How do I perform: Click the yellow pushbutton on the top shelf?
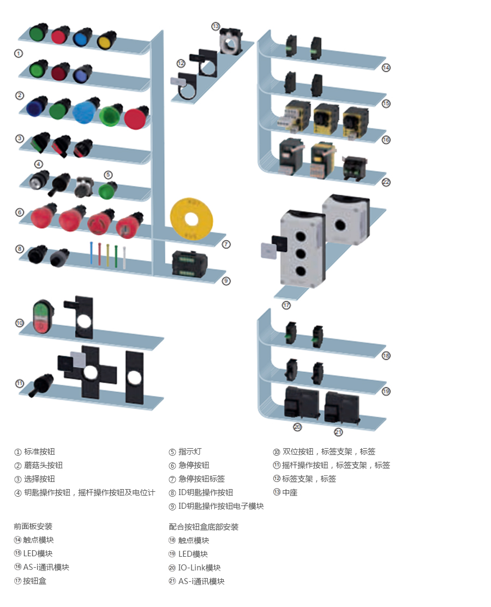click(106, 40)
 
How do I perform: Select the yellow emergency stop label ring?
click(190, 218)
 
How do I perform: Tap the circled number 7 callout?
click(226, 244)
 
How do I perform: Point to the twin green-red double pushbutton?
click(41, 316)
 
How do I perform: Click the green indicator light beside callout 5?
click(107, 191)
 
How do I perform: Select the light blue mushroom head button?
click(85, 111)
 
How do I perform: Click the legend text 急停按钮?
click(194, 465)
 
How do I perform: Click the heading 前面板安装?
click(33, 526)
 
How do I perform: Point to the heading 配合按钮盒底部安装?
click(203, 527)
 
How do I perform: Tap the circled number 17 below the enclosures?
click(286, 305)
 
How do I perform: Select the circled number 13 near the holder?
click(215, 26)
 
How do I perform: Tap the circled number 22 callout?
click(386, 182)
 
